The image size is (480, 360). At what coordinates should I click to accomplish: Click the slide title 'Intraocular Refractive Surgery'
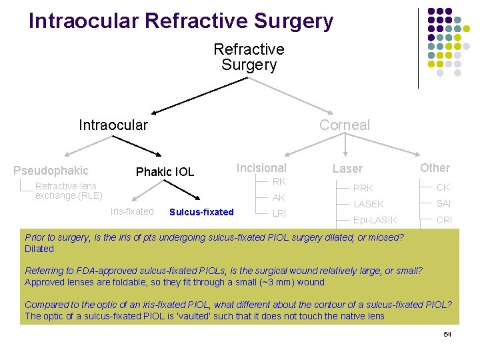click(x=181, y=21)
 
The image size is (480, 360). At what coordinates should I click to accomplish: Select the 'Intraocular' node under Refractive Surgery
click(x=113, y=125)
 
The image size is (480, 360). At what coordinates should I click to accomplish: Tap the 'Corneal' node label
click(x=344, y=125)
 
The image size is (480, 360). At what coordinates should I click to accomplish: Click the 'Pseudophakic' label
click(x=51, y=171)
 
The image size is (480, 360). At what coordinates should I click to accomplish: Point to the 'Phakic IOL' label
click(x=165, y=172)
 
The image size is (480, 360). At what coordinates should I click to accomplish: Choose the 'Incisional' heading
click(x=261, y=168)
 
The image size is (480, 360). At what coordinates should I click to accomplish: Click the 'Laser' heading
click(x=347, y=169)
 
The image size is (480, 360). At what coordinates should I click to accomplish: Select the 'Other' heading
click(x=435, y=168)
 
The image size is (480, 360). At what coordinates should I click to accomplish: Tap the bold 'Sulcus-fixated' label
click(x=201, y=213)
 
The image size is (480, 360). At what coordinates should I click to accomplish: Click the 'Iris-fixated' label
click(x=132, y=212)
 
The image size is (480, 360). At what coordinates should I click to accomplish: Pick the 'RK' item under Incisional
click(x=279, y=182)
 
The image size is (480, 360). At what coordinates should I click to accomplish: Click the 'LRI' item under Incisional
click(x=279, y=213)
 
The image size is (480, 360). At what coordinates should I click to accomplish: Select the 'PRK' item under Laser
click(x=363, y=189)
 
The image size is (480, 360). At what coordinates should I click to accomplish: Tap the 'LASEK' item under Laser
click(x=368, y=204)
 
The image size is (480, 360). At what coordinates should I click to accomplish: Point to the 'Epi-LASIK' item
click(x=375, y=220)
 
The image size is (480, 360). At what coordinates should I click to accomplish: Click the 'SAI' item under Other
click(x=443, y=204)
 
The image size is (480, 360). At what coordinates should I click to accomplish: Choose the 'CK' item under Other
click(x=443, y=188)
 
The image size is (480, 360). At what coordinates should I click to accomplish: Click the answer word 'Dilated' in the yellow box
click(x=39, y=249)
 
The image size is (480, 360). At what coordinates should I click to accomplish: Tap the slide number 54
click(x=447, y=334)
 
